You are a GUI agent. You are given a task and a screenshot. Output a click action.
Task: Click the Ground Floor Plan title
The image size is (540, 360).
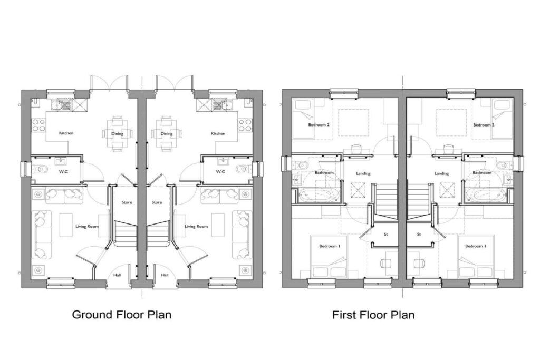pyautogui.click(x=121, y=315)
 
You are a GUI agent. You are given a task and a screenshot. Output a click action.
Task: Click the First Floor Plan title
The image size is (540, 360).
pyautogui.click(x=373, y=315)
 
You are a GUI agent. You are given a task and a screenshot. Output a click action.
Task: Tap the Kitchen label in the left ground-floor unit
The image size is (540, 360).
pyautogui.click(x=66, y=133)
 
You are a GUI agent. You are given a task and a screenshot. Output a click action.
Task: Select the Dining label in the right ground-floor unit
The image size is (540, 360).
pyautogui.click(x=167, y=133)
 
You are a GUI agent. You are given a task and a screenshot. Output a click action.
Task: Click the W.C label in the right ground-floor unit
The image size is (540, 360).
pyautogui.click(x=220, y=171)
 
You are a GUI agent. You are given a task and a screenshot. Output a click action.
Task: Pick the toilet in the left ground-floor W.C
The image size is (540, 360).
pyautogui.click(x=42, y=169)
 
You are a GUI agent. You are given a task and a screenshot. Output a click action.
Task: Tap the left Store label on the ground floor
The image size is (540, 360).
pyautogui.click(x=127, y=202)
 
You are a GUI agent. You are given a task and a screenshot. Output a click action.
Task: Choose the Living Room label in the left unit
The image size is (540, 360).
pyautogui.click(x=87, y=227)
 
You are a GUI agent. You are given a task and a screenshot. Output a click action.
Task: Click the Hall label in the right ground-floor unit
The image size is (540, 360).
pyautogui.click(x=165, y=275)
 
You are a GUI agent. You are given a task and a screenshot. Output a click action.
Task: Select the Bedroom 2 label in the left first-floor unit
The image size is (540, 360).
pyautogui.click(x=319, y=125)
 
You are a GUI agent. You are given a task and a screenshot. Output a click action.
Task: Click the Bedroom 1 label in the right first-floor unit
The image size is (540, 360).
pyautogui.click(x=475, y=246)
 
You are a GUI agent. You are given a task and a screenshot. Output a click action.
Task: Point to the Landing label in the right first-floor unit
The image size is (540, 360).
pyautogui.click(x=441, y=173)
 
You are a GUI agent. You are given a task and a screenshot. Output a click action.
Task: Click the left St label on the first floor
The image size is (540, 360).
pyautogui.click(x=387, y=234)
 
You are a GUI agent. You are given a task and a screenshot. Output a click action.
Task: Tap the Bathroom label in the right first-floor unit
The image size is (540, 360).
pyautogui.click(x=482, y=173)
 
